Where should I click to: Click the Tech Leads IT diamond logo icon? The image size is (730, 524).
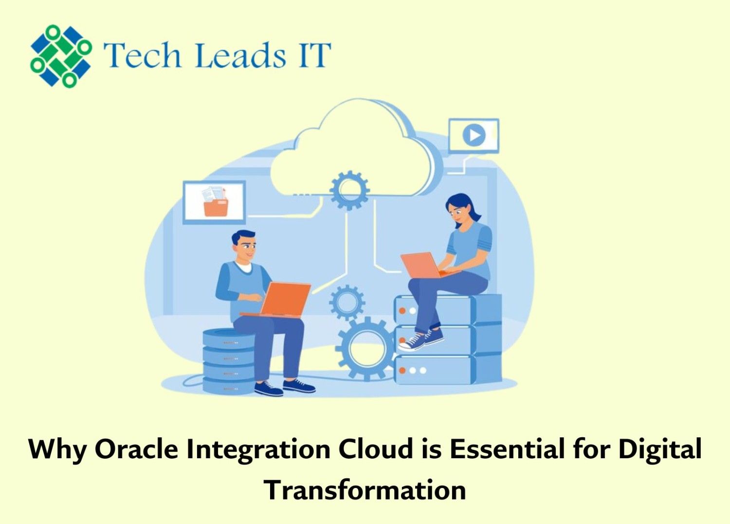point(61,56)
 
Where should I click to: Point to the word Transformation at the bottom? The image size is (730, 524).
point(365,490)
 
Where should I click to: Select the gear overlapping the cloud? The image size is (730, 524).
point(349,190)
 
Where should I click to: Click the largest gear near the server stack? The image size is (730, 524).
point(366,349)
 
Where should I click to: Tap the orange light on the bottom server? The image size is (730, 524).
point(402,371)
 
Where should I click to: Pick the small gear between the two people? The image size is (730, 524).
point(347,302)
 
